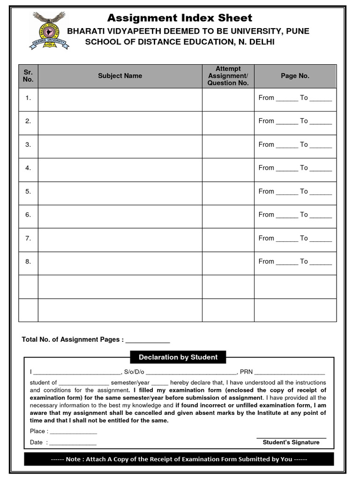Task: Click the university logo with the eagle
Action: coord(50,31)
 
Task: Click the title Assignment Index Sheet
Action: coord(180,18)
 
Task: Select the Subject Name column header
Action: coord(120,76)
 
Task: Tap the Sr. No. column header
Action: coord(28,76)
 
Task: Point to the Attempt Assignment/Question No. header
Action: coord(228,76)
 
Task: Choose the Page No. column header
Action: coord(295,76)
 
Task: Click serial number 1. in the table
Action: coord(28,98)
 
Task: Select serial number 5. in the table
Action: coord(28,191)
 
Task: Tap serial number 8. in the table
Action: coord(28,262)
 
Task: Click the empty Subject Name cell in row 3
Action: coord(120,146)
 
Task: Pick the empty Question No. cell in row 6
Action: coord(228,216)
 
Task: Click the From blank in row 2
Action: coord(287,122)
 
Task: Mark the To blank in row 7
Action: coord(321,239)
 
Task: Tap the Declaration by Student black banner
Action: coord(178,357)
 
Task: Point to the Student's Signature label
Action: coord(291,442)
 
